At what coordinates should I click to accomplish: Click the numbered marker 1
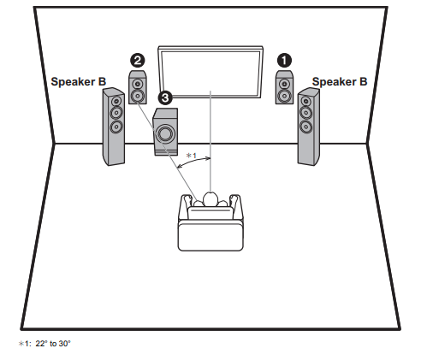(x=284, y=60)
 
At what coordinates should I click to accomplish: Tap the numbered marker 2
(x=137, y=60)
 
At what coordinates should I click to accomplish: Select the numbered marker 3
(x=165, y=99)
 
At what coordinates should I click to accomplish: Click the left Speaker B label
(x=78, y=81)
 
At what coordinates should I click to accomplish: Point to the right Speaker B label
(x=339, y=81)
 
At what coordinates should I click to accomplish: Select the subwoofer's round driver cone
(x=165, y=134)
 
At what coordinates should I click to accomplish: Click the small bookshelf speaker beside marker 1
(x=283, y=88)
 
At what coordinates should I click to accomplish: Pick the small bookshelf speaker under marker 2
(x=137, y=88)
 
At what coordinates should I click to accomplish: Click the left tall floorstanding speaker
(x=114, y=127)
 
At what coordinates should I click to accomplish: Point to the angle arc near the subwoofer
(x=193, y=164)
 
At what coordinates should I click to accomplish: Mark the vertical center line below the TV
(x=210, y=137)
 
